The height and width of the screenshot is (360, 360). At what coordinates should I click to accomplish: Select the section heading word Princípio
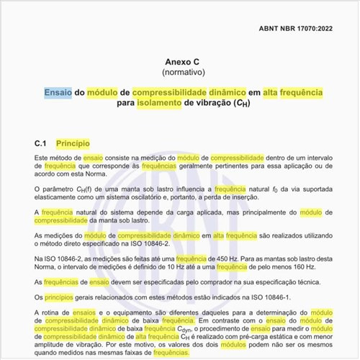point(72,143)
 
